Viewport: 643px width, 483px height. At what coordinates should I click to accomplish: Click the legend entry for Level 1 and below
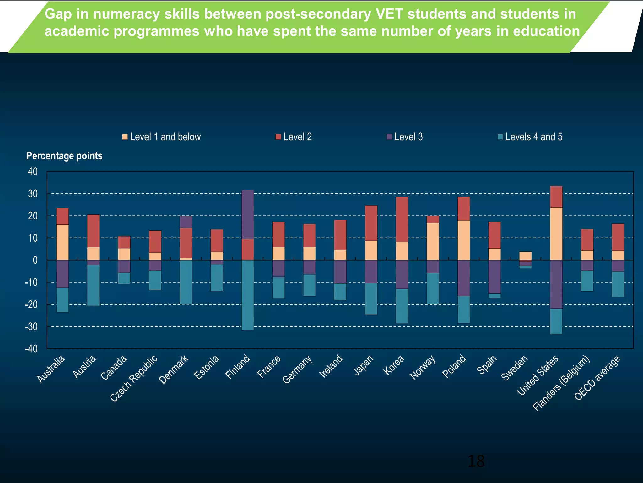[162, 137]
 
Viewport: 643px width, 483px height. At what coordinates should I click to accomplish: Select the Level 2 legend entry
[294, 137]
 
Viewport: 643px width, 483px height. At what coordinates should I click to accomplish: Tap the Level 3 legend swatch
[389, 137]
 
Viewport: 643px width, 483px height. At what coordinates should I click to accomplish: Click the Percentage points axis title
[64, 156]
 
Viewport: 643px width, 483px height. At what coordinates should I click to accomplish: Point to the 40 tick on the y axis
[33, 171]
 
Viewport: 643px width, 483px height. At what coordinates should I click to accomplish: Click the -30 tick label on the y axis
[31, 327]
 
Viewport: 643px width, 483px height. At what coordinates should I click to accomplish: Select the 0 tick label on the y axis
[35, 260]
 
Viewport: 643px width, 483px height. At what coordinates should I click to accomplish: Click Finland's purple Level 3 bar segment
[248, 214]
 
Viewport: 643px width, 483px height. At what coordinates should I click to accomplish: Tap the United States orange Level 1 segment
[556, 234]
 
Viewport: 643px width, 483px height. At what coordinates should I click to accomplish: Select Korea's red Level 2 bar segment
[402, 219]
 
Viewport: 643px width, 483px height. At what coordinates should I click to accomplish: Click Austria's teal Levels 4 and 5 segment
[93, 285]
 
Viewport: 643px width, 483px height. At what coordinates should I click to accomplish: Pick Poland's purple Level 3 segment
[464, 278]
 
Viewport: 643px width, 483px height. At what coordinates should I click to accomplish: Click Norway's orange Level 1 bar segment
[433, 241]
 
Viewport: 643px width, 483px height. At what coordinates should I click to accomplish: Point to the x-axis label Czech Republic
[134, 378]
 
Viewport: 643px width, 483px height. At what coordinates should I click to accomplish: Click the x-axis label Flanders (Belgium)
[561, 383]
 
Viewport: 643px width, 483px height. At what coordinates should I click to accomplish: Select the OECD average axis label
[597, 377]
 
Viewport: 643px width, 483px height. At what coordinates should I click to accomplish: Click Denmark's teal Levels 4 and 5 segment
[186, 282]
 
